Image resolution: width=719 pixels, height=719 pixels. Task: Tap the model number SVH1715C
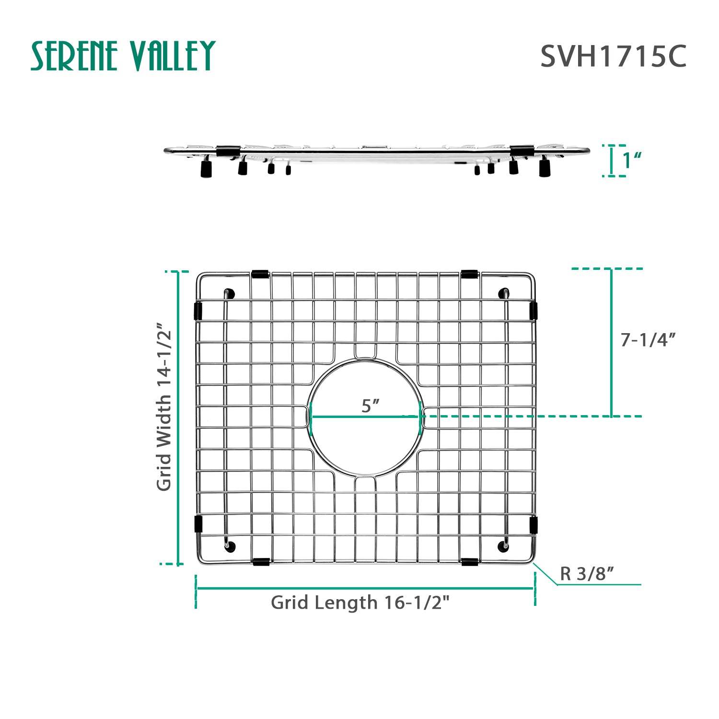coord(613,57)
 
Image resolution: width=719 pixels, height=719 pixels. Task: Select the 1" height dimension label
coord(632,161)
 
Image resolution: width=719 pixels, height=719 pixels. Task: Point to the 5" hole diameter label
coord(371,406)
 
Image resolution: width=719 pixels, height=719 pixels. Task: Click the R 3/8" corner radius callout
coord(587,573)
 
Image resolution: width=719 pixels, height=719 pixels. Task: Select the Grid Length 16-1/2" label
coord(360,602)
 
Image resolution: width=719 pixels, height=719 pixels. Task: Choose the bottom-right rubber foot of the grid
coord(504,545)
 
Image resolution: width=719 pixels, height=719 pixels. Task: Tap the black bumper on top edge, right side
coord(469,274)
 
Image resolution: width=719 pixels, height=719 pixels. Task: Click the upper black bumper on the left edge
coord(197,311)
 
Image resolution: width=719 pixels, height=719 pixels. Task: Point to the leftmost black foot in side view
coord(206,168)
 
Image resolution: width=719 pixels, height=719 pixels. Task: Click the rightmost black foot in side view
coord(545,168)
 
